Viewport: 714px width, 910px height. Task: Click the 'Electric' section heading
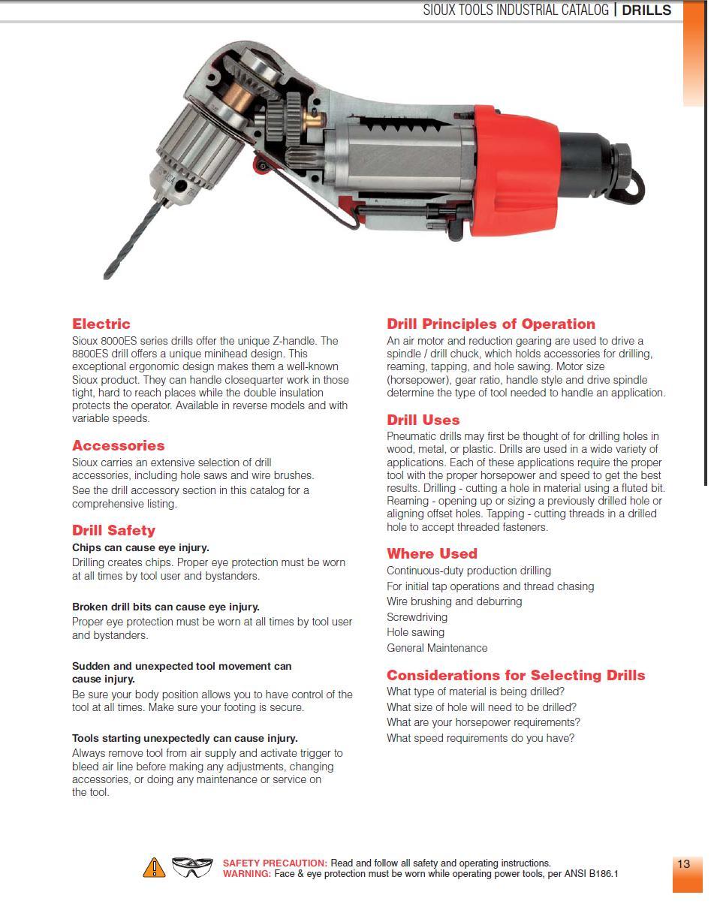(101, 324)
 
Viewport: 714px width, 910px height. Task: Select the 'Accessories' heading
(118, 446)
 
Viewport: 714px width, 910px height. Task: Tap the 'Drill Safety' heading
(113, 531)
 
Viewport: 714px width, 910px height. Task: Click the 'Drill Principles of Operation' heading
(491, 324)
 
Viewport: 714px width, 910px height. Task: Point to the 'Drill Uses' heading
(423, 420)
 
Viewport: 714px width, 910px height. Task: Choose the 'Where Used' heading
(432, 554)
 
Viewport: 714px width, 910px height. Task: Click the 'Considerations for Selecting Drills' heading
(516, 676)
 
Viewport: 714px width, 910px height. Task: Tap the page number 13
(683, 864)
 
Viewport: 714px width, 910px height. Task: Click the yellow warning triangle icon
(154, 868)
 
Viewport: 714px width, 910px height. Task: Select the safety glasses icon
(192, 867)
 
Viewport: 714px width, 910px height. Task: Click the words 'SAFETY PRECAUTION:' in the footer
(275, 863)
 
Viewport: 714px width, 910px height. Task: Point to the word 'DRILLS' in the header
(646, 11)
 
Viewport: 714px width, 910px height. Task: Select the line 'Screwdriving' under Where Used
(417, 617)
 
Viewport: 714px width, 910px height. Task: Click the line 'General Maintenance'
(437, 648)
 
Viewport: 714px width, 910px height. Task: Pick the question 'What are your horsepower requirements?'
(484, 722)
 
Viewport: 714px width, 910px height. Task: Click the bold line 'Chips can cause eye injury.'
(140, 548)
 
